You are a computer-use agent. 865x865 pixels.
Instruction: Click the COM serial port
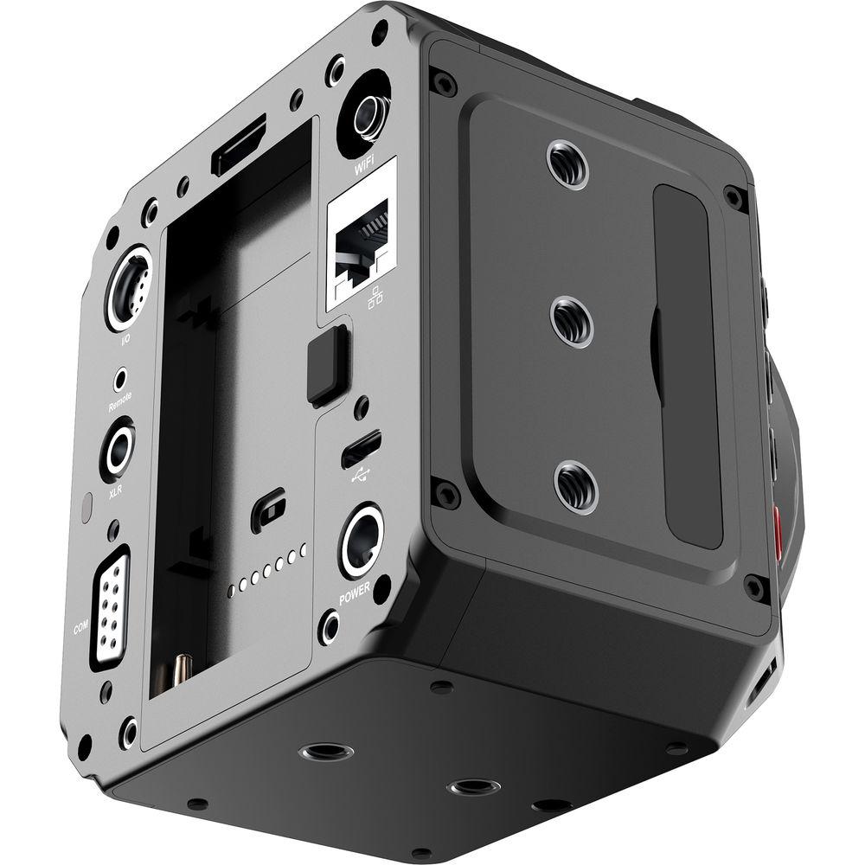(110, 605)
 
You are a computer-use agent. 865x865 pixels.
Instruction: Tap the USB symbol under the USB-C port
(361, 474)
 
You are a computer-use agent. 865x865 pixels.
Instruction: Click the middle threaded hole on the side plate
(571, 321)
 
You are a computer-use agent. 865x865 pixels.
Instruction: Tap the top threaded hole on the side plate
(568, 165)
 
